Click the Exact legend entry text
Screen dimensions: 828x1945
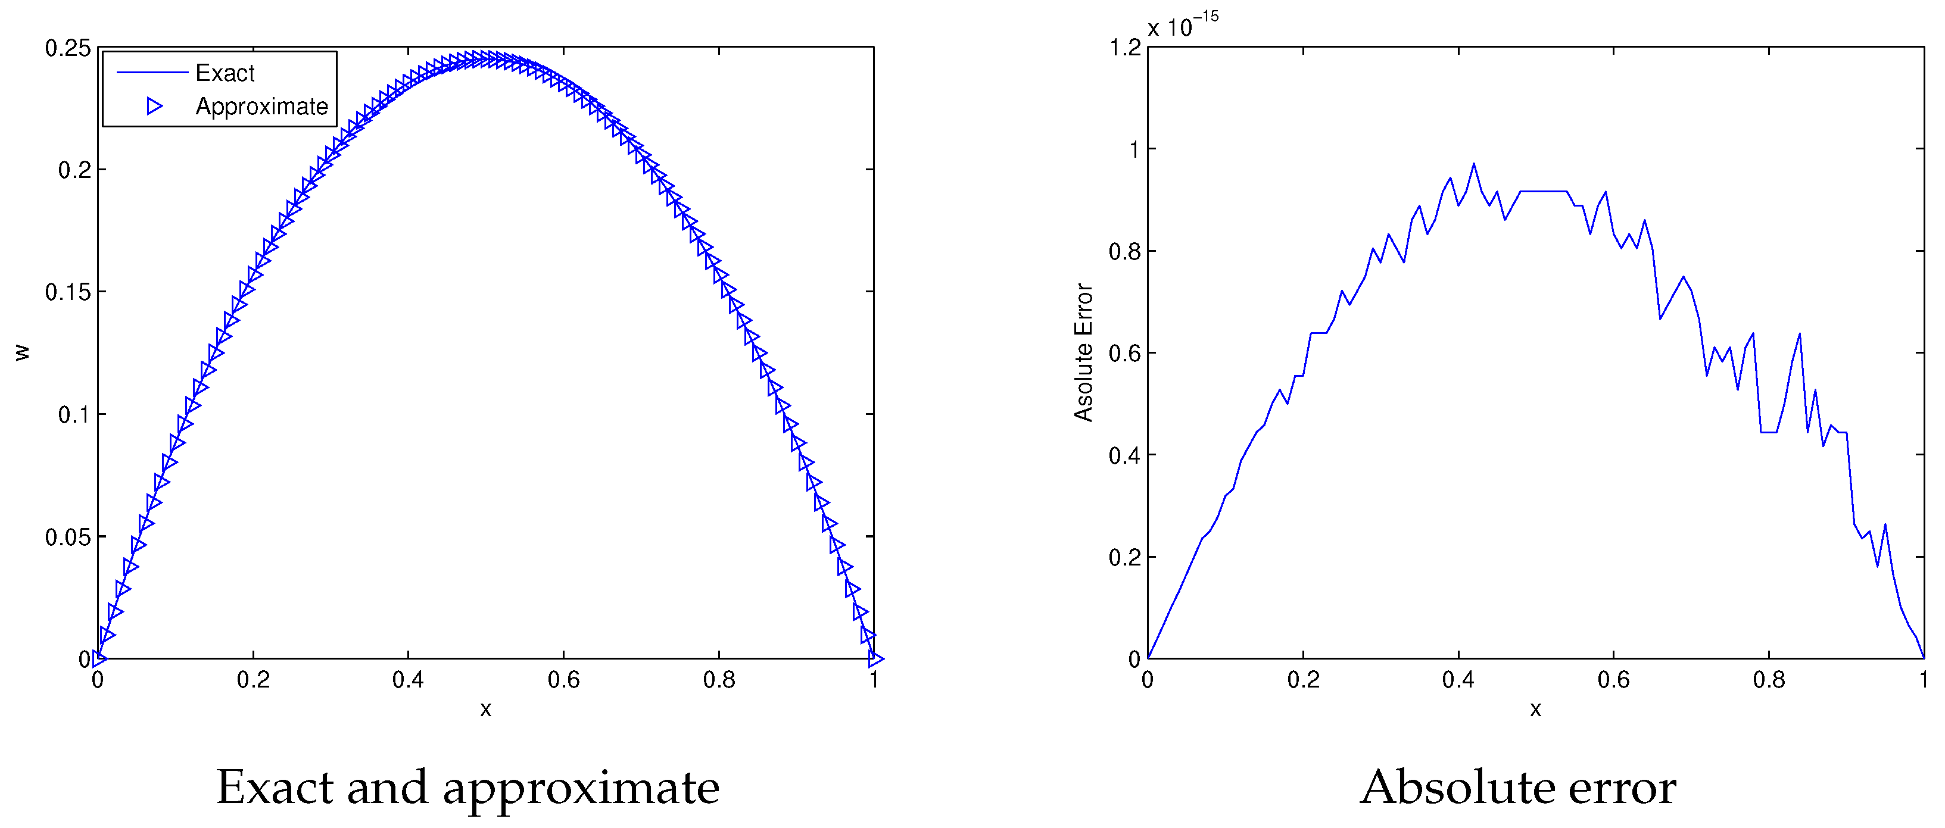(225, 73)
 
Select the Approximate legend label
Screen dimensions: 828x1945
(261, 107)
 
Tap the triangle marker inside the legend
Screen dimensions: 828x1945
(155, 107)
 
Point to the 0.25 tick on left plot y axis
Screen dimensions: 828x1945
(68, 48)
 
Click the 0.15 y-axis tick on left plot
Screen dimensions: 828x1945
(68, 292)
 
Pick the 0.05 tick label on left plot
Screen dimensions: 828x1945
(68, 537)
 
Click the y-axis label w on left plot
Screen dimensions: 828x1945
(23, 352)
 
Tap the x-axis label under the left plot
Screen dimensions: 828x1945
(485, 709)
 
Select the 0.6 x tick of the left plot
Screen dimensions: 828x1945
(563, 680)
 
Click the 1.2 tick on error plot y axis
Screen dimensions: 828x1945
(1125, 48)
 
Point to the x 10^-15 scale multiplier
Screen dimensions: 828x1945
(1182, 26)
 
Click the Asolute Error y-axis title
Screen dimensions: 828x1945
(1083, 352)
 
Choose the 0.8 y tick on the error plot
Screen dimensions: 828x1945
(1125, 251)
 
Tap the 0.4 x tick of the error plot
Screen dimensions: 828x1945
(1458, 680)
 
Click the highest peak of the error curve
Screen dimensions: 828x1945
(1473, 164)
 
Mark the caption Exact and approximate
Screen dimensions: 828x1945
(467, 788)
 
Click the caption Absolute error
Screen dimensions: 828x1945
(1517, 788)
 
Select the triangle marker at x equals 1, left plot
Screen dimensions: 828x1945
(875, 659)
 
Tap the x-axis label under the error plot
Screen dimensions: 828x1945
(1535, 709)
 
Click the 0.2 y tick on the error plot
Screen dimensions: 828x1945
(1125, 557)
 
